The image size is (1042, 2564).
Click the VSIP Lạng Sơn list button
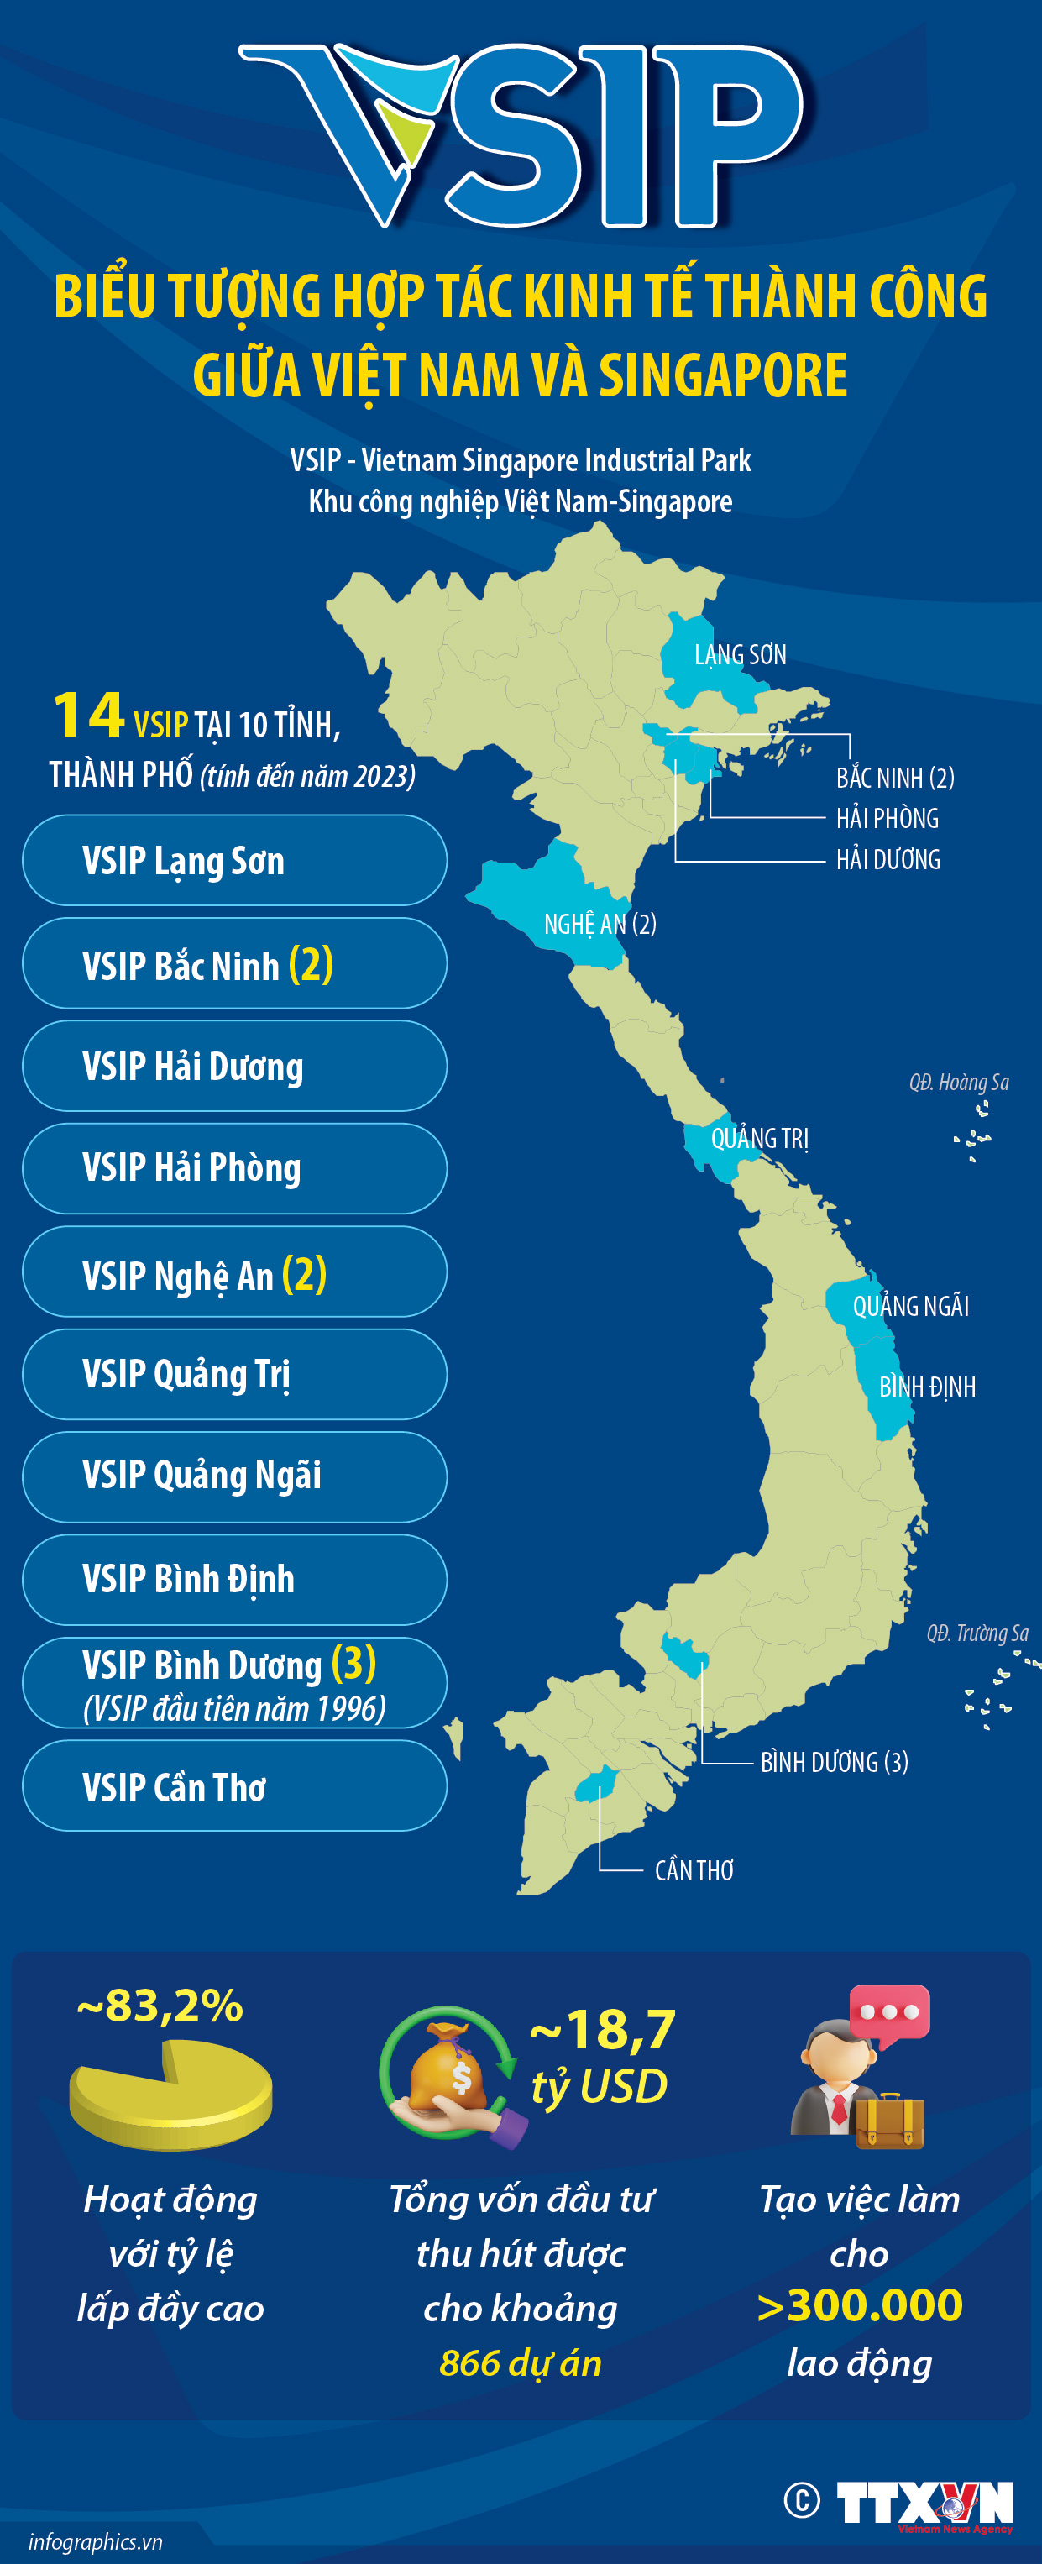click(x=234, y=860)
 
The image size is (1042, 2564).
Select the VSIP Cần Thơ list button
click(x=234, y=1786)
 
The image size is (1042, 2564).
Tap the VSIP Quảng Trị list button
click(x=234, y=1375)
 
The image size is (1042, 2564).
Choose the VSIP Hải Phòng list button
click(x=234, y=1168)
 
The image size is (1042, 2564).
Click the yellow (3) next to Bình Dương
click(x=353, y=1662)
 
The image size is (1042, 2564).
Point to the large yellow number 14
click(x=87, y=716)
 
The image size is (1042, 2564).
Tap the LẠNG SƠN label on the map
click(x=740, y=655)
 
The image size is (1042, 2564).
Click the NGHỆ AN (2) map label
click(x=600, y=925)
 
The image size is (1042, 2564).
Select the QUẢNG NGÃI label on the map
click(x=909, y=1306)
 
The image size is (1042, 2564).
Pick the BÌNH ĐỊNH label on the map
click(x=927, y=1387)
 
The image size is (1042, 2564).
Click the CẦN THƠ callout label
click(x=694, y=1870)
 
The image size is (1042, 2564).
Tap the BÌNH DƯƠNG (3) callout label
click(x=834, y=1762)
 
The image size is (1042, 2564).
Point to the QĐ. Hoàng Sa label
click(x=958, y=1082)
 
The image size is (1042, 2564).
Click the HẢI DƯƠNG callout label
click(x=888, y=859)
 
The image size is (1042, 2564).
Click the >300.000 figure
click(x=859, y=2306)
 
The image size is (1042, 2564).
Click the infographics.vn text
click(x=96, y=2541)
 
